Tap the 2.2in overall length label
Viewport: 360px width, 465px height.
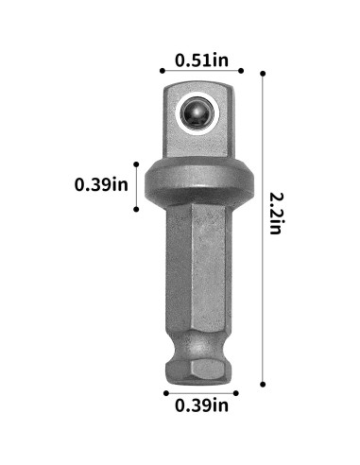click(276, 214)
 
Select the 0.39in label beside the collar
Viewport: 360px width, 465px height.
click(101, 183)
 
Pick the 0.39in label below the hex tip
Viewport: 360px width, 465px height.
click(201, 406)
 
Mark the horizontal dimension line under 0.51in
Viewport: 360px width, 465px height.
click(201, 71)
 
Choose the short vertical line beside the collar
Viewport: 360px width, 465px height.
click(138, 184)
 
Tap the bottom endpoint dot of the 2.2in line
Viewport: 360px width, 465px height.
click(262, 385)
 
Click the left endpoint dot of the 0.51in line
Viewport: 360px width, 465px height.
click(162, 71)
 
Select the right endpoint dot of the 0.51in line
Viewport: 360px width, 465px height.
click(242, 71)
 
